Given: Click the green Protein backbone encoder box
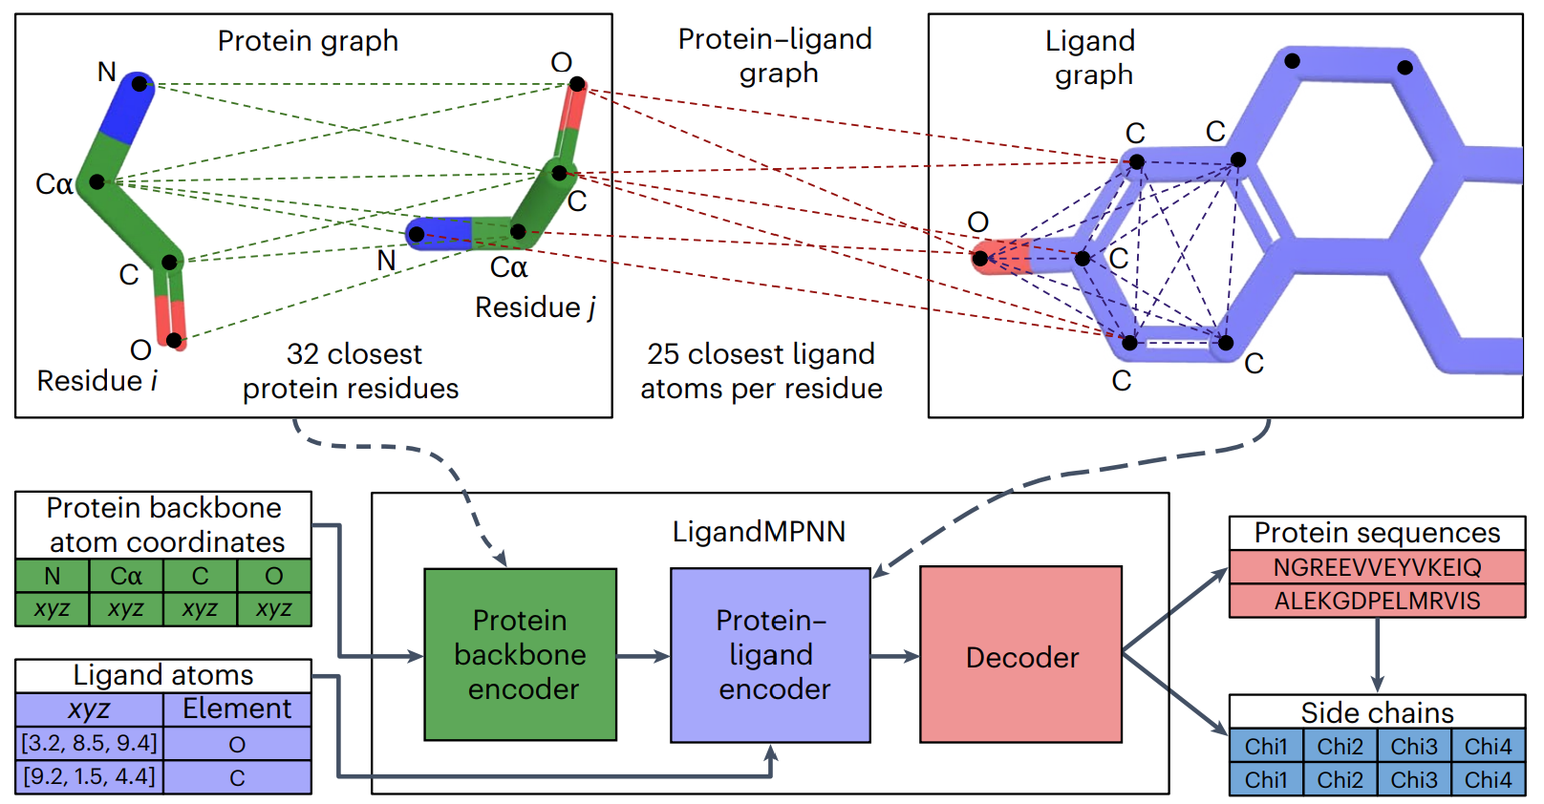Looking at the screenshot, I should [x=520, y=655].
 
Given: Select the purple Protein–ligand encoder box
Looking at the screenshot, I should [x=770, y=655].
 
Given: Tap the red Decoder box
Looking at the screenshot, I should [x=1020, y=655].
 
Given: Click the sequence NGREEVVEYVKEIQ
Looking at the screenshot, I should [x=1377, y=567].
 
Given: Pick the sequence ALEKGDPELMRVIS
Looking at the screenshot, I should [x=1377, y=601].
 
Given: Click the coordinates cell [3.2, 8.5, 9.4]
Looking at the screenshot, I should [x=90, y=743].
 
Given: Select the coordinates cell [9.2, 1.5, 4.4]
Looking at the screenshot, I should [x=90, y=776].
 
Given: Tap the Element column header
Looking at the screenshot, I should [x=237, y=709].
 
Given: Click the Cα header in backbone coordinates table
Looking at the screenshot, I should [x=126, y=576].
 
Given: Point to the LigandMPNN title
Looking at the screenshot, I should [x=759, y=531].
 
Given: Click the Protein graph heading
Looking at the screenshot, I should [x=308, y=41].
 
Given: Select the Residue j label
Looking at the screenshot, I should [x=535, y=307].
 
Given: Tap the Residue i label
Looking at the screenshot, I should [x=96, y=381].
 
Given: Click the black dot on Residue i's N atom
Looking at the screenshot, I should [x=139, y=84].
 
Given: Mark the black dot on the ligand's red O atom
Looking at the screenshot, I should [x=980, y=258].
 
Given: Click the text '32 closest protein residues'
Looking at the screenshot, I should [x=351, y=371].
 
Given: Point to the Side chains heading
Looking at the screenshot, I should [x=1377, y=712].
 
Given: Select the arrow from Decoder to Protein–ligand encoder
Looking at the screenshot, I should [x=895, y=656].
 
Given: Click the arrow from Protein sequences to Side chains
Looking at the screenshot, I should [x=1377, y=655].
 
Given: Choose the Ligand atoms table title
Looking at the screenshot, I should [x=163, y=675].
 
